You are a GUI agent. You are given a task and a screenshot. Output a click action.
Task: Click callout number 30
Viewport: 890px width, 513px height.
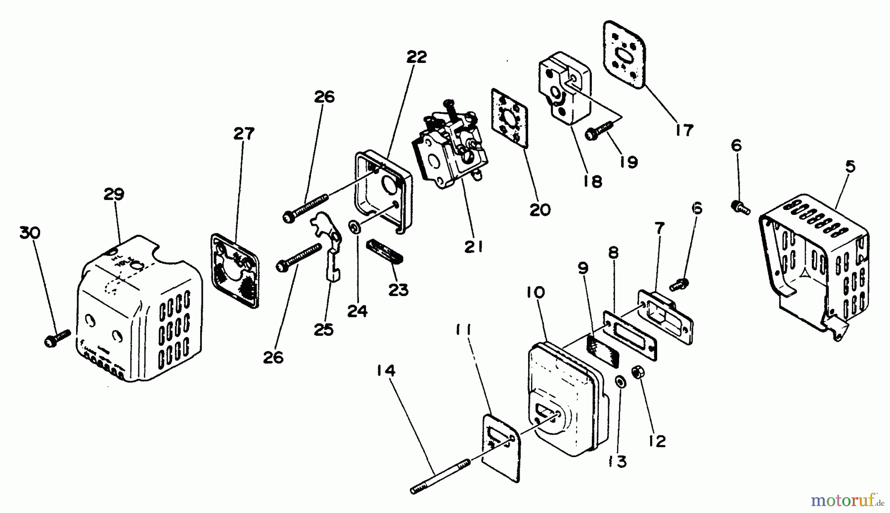pyautogui.click(x=30, y=233)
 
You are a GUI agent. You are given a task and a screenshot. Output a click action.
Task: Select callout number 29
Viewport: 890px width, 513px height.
pyautogui.click(x=114, y=194)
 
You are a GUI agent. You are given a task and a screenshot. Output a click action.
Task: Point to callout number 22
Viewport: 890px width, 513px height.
pyautogui.click(x=416, y=57)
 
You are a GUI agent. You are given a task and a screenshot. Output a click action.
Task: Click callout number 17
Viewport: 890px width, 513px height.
pyautogui.click(x=684, y=130)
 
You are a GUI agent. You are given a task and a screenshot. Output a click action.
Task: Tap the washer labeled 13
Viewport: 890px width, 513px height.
pyautogui.click(x=620, y=382)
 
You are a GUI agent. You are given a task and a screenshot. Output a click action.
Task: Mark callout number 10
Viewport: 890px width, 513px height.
pyautogui.click(x=535, y=293)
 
